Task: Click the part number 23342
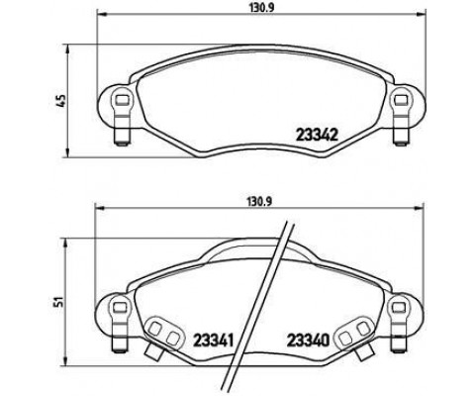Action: (318, 135)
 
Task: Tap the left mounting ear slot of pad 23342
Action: (118, 100)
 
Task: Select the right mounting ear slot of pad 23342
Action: (403, 100)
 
